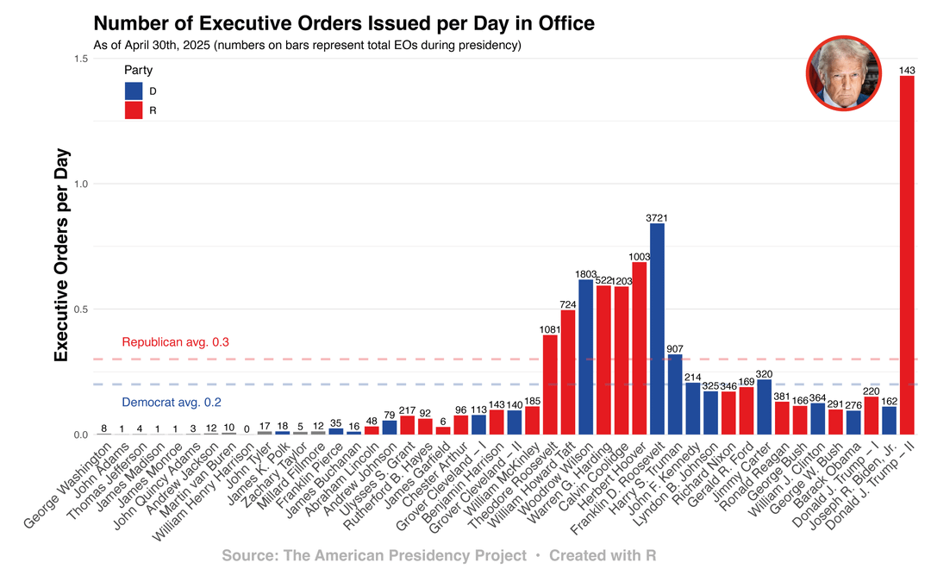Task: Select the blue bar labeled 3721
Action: (657, 328)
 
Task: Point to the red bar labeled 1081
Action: (550, 385)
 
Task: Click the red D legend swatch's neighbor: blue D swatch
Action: (134, 91)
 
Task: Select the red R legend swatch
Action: (134, 110)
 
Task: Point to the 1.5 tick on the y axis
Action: (81, 59)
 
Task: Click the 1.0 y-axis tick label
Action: (81, 184)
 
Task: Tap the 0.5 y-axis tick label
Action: (81, 309)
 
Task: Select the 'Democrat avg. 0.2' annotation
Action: (171, 402)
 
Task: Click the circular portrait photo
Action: (843, 74)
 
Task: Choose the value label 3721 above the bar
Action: (657, 217)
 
